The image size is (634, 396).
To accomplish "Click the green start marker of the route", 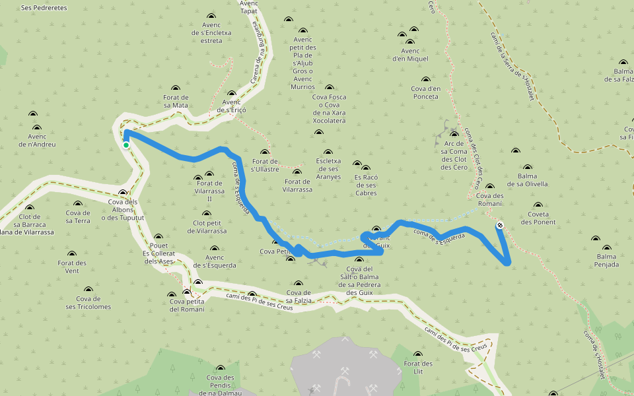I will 125,145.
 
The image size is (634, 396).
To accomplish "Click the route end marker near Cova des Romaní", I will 500,225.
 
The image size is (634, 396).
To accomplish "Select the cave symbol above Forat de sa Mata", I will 175,88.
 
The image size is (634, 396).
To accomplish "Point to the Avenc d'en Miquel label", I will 410,54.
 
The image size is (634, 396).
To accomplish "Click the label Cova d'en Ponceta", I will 425,92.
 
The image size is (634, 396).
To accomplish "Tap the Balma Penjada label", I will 607,260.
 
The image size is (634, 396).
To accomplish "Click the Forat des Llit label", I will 418,368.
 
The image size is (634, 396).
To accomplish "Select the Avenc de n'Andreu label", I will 37,140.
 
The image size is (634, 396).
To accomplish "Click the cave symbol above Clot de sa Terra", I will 78,204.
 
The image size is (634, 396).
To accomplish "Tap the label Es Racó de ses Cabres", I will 366,185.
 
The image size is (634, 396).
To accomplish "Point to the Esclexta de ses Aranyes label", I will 328,168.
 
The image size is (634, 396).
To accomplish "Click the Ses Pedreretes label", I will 44,8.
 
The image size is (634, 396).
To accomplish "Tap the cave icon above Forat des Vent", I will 72,253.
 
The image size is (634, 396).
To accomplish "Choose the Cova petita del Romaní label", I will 187,305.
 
